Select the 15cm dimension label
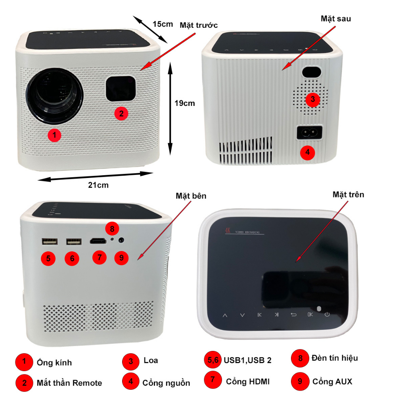click(x=163, y=24)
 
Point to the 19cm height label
click(x=185, y=103)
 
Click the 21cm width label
click(x=98, y=185)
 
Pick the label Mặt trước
click(x=199, y=25)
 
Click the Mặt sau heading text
click(x=335, y=19)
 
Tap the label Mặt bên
click(x=191, y=196)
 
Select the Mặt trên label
click(x=348, y=194)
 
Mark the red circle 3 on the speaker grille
click(x=312, y=99)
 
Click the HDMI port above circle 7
click(x=98, y=241)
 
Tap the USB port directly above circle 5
click(x=49, y=241)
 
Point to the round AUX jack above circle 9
click(x=121, y=240)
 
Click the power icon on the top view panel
click(x=327, y=315)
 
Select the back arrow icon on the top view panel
click(x=293, y=315)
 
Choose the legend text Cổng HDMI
click(x=248, y=381)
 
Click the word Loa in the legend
click(x=151, y=360)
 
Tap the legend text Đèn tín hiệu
click(x=335, y=358)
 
